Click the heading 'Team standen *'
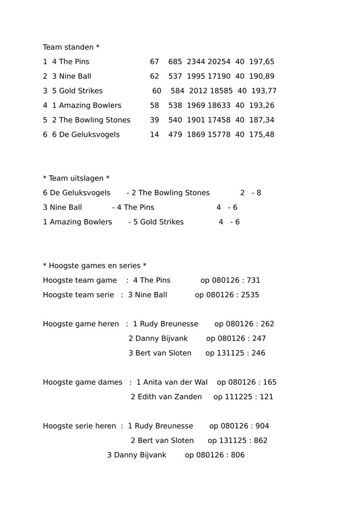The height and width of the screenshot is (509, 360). click(x=71, y=48)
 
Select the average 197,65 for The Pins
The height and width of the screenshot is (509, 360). click(x=262, y=62)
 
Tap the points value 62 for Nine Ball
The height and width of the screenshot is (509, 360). click(x=154, y=76)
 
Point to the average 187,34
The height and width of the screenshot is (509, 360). click(x=262, y=120)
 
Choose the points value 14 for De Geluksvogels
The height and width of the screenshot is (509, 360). click(x=154, y=135)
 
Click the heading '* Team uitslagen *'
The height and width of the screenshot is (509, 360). click(x=76, y=179)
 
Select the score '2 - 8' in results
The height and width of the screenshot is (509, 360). click(x=251, y=193)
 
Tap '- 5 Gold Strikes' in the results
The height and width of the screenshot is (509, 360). click(x=156, y=222)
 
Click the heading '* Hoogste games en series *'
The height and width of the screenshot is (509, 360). click(x=95, y=266)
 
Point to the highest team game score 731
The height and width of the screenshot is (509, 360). click(x=253, y=281)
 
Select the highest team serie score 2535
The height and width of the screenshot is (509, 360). click(x=250, y=295)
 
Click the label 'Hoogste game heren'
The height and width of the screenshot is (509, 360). click(x=81, y=324)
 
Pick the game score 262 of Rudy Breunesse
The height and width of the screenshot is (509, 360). click(x=267, y=324)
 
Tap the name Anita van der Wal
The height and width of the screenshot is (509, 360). click(x=176, y=382)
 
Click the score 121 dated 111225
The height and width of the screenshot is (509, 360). click(x=266, y=397)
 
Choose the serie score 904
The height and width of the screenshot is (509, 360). click(x=262, y=426)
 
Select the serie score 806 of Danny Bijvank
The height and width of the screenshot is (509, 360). click(x=237, y=455)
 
